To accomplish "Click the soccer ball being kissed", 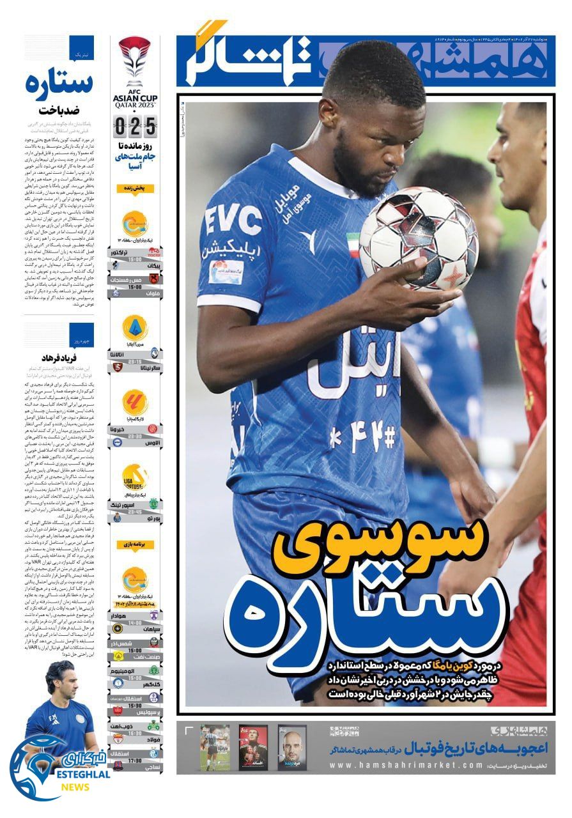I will coord(419,238).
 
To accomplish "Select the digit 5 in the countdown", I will coord(150,127).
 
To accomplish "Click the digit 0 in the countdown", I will coord(120,127).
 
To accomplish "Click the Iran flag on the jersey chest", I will coord(353,245).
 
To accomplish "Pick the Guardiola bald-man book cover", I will coord(292,747).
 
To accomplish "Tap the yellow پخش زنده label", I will coord(134,189).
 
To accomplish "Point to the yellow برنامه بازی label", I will coord(134,544).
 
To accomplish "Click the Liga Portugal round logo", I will coord(135,478).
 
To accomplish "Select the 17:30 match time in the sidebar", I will coord(135,761).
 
